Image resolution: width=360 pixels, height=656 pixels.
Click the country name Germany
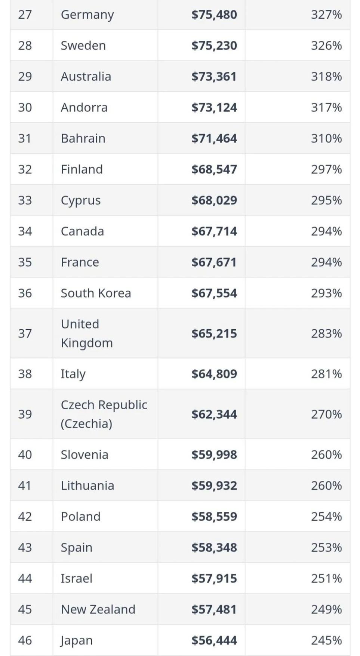pos(87,15)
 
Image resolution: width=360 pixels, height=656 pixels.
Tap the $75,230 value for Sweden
pos(214,46)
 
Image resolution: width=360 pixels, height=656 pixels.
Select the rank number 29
pos(25,77)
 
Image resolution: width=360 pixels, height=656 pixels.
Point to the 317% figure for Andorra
pos(326,108)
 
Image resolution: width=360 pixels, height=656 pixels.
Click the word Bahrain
pos(83,139)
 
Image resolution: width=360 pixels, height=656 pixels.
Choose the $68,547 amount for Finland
pos(214,169)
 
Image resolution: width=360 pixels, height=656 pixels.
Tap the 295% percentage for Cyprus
pos(326,200)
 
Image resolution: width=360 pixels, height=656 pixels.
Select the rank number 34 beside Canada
pos(25,231)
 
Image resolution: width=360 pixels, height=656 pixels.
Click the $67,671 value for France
pos(214,262)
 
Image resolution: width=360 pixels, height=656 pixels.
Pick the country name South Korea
pos(96,293)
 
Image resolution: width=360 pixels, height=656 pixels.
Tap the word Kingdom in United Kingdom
pos(87,343)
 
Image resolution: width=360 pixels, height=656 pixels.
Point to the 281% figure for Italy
pos(326,374)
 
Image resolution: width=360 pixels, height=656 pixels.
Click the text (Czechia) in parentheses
pos(86,424)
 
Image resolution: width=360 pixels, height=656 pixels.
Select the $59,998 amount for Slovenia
pos(214,455)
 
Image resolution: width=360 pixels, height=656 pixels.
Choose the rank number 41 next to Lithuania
pos(25,486)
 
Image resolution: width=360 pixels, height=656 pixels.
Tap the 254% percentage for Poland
pos(326,517)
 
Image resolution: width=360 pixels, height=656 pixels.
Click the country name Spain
pos(76,548)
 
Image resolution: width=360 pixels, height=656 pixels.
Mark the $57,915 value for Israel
pos(214,579)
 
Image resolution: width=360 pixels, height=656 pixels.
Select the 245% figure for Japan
pos(326,641)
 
